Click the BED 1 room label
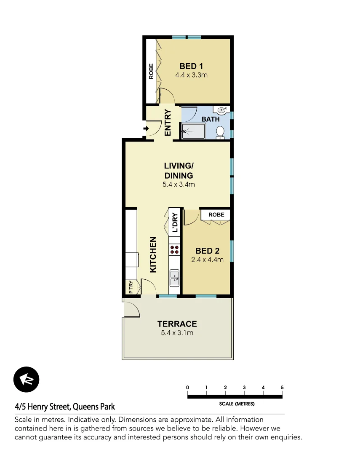(191, 66)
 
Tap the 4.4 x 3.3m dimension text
(191, 75)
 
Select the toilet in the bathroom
(220, 132)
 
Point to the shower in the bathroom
(193, 131)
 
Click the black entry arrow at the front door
(146, 128)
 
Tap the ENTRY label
(168, 123)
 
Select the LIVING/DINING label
(179, 171)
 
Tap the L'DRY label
(175, 223)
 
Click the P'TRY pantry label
(131, 287)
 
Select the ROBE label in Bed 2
(216, 215)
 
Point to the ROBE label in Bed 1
(151, 71)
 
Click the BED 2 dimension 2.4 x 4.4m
(207, 260)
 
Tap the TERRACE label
(177, 324)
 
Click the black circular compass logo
(26, 380)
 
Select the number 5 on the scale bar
(282, 388)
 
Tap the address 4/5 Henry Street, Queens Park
(65, 407)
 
